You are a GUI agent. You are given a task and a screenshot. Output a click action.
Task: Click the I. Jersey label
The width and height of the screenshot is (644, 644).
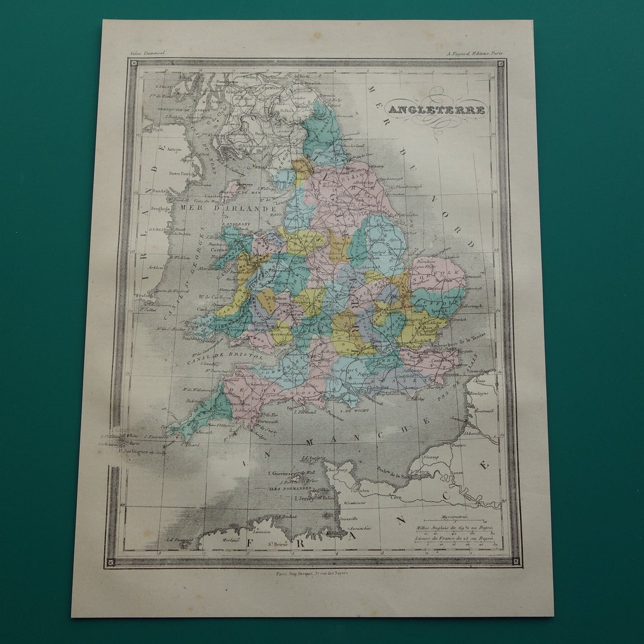[x=295, y=497]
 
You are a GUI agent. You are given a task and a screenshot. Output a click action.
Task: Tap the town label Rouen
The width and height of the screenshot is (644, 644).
[x=457, y=473]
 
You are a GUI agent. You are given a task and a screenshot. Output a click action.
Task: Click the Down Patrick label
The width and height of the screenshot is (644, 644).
[x=182, y=174]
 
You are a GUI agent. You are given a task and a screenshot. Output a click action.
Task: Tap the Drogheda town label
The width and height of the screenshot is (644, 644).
[x=161, y=209]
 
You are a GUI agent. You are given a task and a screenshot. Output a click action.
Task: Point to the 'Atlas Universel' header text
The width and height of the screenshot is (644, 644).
[x=147, y=53]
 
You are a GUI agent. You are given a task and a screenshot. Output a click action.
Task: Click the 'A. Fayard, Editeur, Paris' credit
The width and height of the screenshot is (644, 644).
[x=475, y=53]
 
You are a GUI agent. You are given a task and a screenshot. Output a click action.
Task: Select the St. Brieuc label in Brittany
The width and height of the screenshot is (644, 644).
[x=278, y=541]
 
